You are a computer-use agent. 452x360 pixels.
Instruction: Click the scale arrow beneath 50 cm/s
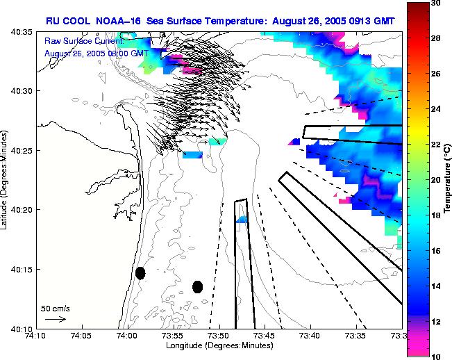[55, 319]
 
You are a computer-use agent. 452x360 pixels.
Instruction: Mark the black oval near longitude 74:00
[140, 273]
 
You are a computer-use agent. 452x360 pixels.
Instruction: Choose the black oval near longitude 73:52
[197, 286]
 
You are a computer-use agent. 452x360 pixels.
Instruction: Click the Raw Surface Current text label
[83, 42]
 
